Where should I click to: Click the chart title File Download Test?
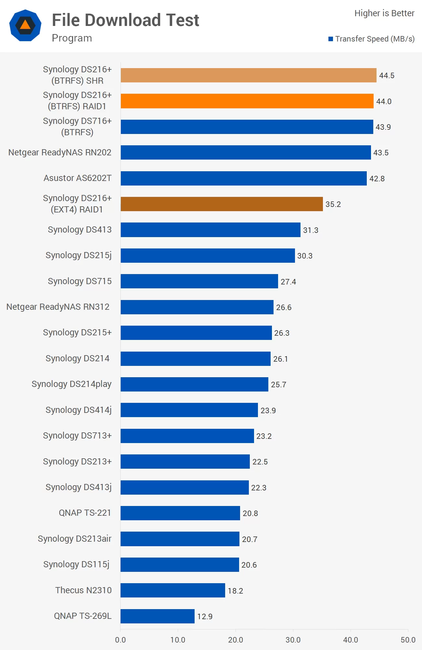point(125,20)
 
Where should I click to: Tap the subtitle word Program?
point(72,38)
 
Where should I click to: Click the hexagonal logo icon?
point(25,25)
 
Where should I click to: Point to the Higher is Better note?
point(384,13)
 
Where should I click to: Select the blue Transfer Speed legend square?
point(331,39)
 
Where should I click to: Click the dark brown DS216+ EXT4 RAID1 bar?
point(222,204)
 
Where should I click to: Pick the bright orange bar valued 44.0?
point(247,101)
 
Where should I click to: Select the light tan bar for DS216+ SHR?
point(249,75)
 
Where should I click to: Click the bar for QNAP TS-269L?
point(158,616)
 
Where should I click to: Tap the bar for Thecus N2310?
point(173,590)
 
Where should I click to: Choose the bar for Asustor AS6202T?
point(244,178)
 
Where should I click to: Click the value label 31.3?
point(311,230)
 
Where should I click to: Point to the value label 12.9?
point(205,616)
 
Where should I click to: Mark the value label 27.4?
point(288,282)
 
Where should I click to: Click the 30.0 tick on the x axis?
point(293,640)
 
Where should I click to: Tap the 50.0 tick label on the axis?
point(408,640)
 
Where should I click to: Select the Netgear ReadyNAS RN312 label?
point(58,307)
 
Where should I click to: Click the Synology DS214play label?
point(71,384)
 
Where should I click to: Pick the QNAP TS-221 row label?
point(85,513)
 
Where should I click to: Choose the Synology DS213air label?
point(74,539)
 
